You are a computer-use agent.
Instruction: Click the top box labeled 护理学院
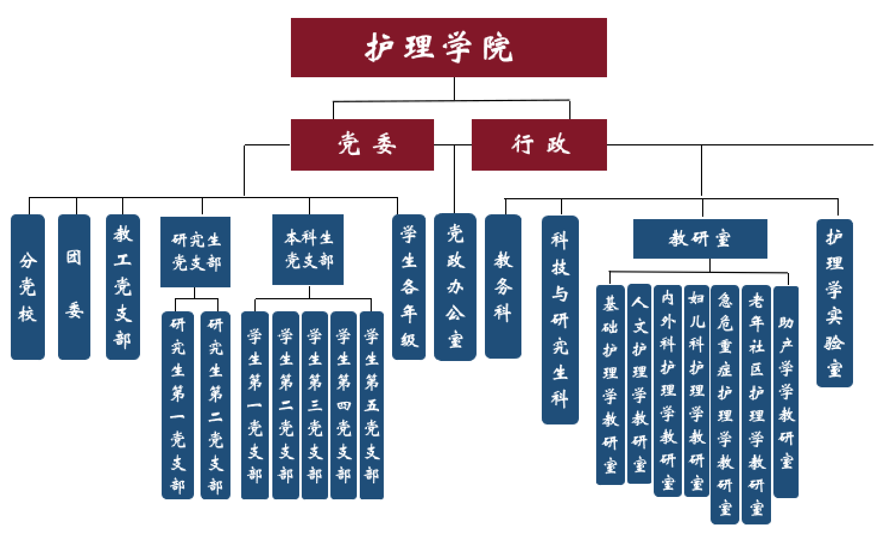coord(448,48)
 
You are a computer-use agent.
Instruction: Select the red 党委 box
coord(362,145)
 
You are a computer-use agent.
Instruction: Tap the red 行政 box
coord(539,145)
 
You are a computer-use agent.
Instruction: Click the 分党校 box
coord(28,287)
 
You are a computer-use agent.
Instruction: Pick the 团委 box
coord(74,287)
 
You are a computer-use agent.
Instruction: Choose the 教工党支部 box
coord(123,287)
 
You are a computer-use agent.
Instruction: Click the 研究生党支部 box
coord(195,251)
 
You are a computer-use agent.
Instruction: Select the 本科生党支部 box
coord(308,249)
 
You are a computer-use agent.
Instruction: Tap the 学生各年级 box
coord(409,287)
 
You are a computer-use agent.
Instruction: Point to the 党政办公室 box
coord(455,287)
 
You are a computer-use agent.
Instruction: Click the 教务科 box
coord(503,287)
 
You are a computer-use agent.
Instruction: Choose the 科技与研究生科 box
coord(560,320)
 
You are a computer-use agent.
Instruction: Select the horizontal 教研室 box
coord(700,239)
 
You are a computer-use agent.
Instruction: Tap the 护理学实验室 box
coord(834,303)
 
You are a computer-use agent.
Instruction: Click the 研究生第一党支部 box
coord(178,405)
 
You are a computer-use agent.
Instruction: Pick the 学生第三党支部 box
coord(315,405)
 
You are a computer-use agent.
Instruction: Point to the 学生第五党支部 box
coord(372,405)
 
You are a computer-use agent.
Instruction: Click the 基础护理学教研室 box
coord(610,384)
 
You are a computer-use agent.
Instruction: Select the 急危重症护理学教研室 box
coord(725,404)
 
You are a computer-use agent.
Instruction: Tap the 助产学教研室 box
coord(786,392)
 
